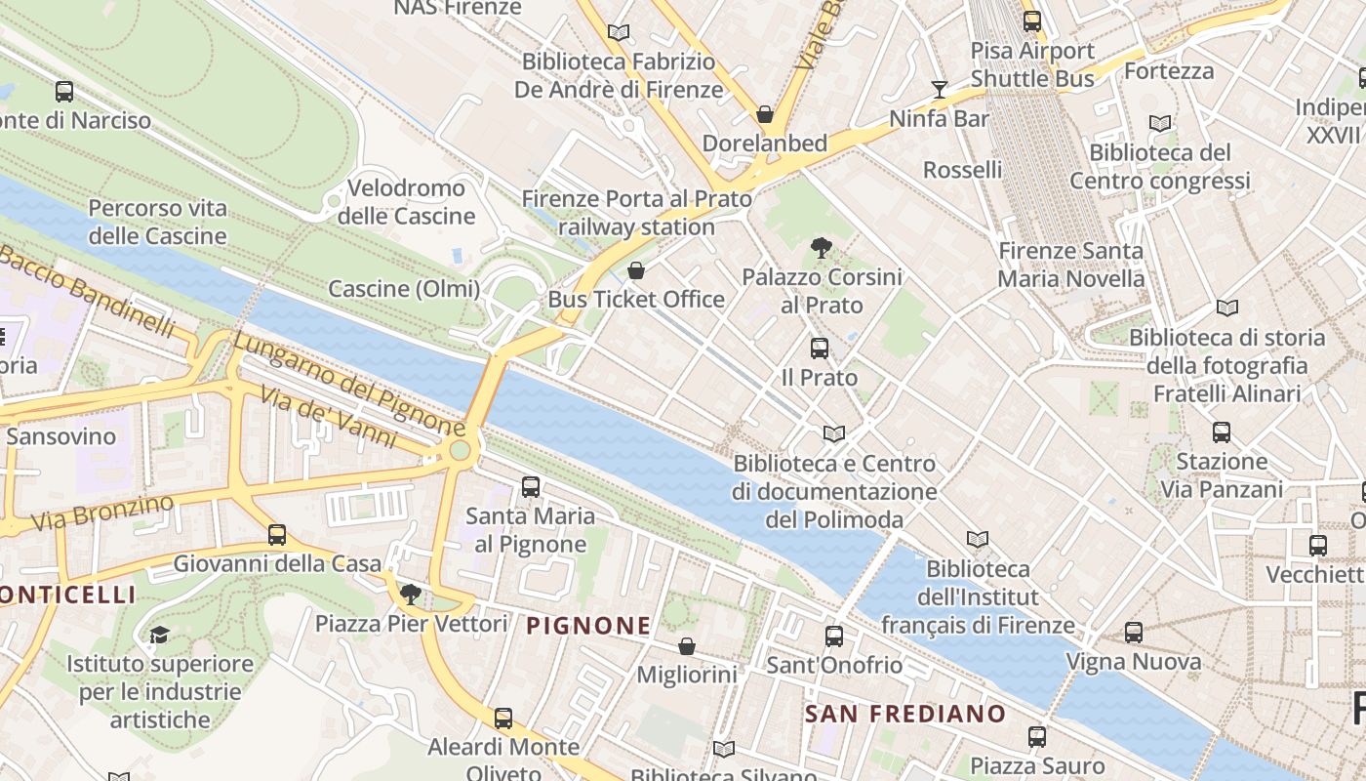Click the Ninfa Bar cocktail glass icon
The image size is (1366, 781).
coord(940,90)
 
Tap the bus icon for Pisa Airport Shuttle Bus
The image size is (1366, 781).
coord(1032,21)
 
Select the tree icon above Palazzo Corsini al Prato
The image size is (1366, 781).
coord(822,248)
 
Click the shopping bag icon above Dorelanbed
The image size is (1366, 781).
coord(766,114)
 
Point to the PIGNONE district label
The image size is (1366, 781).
coord(588,626)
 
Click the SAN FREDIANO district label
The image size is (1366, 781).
coord(904,714)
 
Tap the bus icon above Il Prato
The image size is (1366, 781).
coord(820,349)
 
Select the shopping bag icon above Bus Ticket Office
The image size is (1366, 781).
coord(636,270)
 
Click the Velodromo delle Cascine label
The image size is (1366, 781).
coord(407,202)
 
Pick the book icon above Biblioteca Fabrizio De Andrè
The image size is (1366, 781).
coord(618,32)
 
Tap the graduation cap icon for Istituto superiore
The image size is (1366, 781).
coord(160,636)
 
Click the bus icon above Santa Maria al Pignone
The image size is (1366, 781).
coord(531,486)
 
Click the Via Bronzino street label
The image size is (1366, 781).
coord(102,514)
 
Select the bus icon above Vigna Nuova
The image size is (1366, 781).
coord(1133,633)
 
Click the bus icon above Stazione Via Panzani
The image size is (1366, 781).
coord(1222,432)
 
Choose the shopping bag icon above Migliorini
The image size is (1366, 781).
coord(687,646)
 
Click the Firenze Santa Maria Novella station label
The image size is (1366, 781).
coord(1070,265)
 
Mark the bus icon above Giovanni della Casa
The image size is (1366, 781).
coord(277,535)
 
